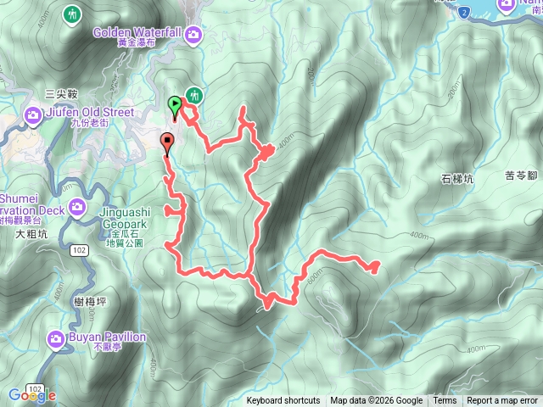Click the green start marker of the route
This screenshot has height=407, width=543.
point(175,105)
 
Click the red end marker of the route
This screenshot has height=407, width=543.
point(167,142)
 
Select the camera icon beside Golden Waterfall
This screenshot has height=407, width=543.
point(193,34)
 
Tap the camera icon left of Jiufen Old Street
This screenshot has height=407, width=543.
point(33,114)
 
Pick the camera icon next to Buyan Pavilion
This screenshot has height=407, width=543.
point(56,340)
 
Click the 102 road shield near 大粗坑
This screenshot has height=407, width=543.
point(78,249)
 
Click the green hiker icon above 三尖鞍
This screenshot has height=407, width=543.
point(73,14)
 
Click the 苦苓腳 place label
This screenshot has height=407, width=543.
point(522,176)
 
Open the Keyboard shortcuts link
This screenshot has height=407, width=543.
point(283,401)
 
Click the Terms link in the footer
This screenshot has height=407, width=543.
point(445,401)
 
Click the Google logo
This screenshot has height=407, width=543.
point(32,395)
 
